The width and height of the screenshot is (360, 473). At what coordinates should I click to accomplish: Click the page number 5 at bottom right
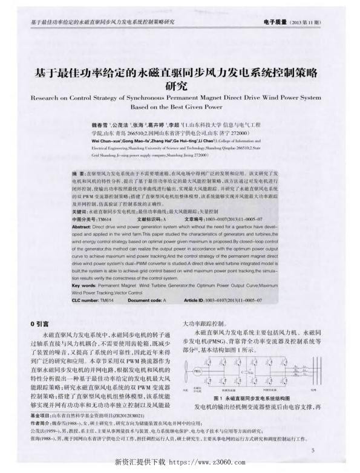313,451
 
